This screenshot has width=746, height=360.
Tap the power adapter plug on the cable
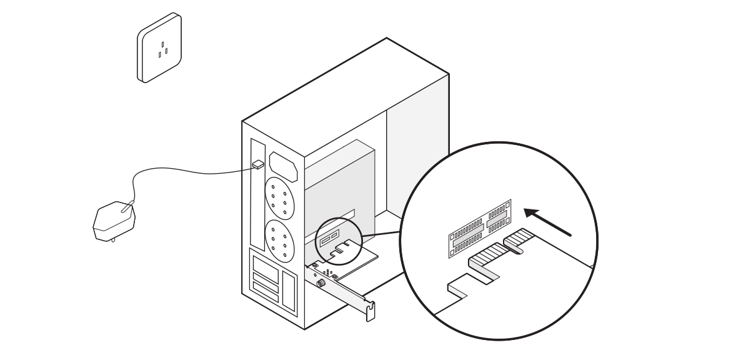(x=114, y=222)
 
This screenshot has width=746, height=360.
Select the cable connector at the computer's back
(x=258, y=164)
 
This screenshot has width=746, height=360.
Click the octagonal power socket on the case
(x=283, y=165)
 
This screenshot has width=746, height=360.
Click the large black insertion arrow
(x=547, y=222)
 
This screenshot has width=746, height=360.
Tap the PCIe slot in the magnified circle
(x=480, y=227)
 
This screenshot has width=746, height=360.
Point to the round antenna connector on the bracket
(x=322, y=282)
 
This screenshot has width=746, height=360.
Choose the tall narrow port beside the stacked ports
(x=288, y=289)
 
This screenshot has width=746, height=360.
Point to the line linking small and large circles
(x=381, y=234)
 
